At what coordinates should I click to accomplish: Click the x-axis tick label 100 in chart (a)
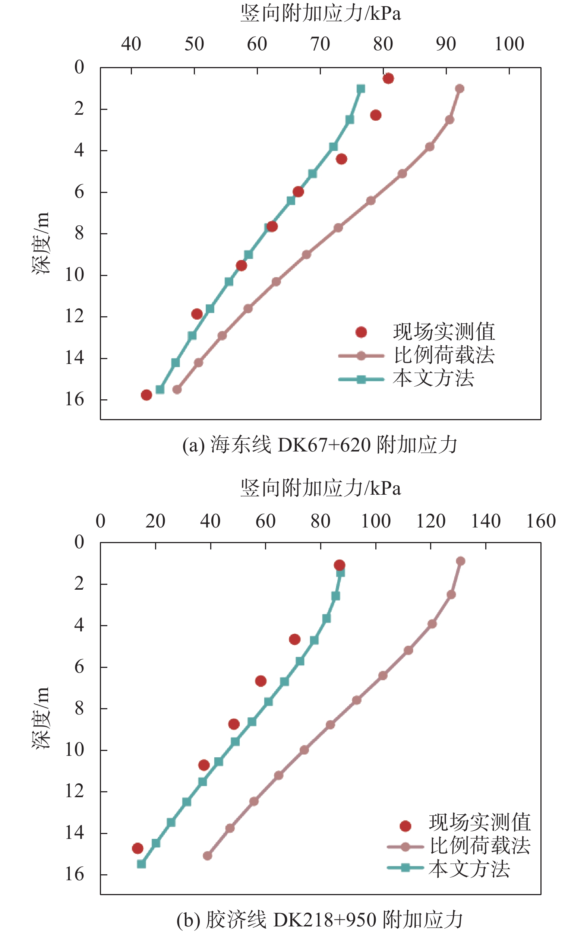509,44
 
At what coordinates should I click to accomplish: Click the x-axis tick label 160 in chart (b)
541,521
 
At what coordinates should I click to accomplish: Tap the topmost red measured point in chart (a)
388,78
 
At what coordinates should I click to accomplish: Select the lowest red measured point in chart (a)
146,395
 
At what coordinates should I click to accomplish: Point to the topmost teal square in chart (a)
361,89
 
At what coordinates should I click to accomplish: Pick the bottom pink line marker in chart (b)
208,855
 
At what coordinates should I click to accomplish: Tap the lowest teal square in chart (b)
141,864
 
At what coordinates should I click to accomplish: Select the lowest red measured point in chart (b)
138,848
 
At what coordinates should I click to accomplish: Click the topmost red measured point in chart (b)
339,565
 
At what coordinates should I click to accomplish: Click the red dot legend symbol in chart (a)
361,332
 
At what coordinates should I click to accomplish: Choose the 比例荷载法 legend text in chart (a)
444,355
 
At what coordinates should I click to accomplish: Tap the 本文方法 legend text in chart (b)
469,869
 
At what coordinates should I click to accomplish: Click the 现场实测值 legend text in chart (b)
480,822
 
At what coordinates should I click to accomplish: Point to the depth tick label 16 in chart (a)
75,399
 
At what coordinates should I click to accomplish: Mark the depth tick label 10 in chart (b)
75,750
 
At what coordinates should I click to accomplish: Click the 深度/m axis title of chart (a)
41,243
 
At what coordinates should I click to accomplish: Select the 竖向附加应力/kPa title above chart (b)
320,488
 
